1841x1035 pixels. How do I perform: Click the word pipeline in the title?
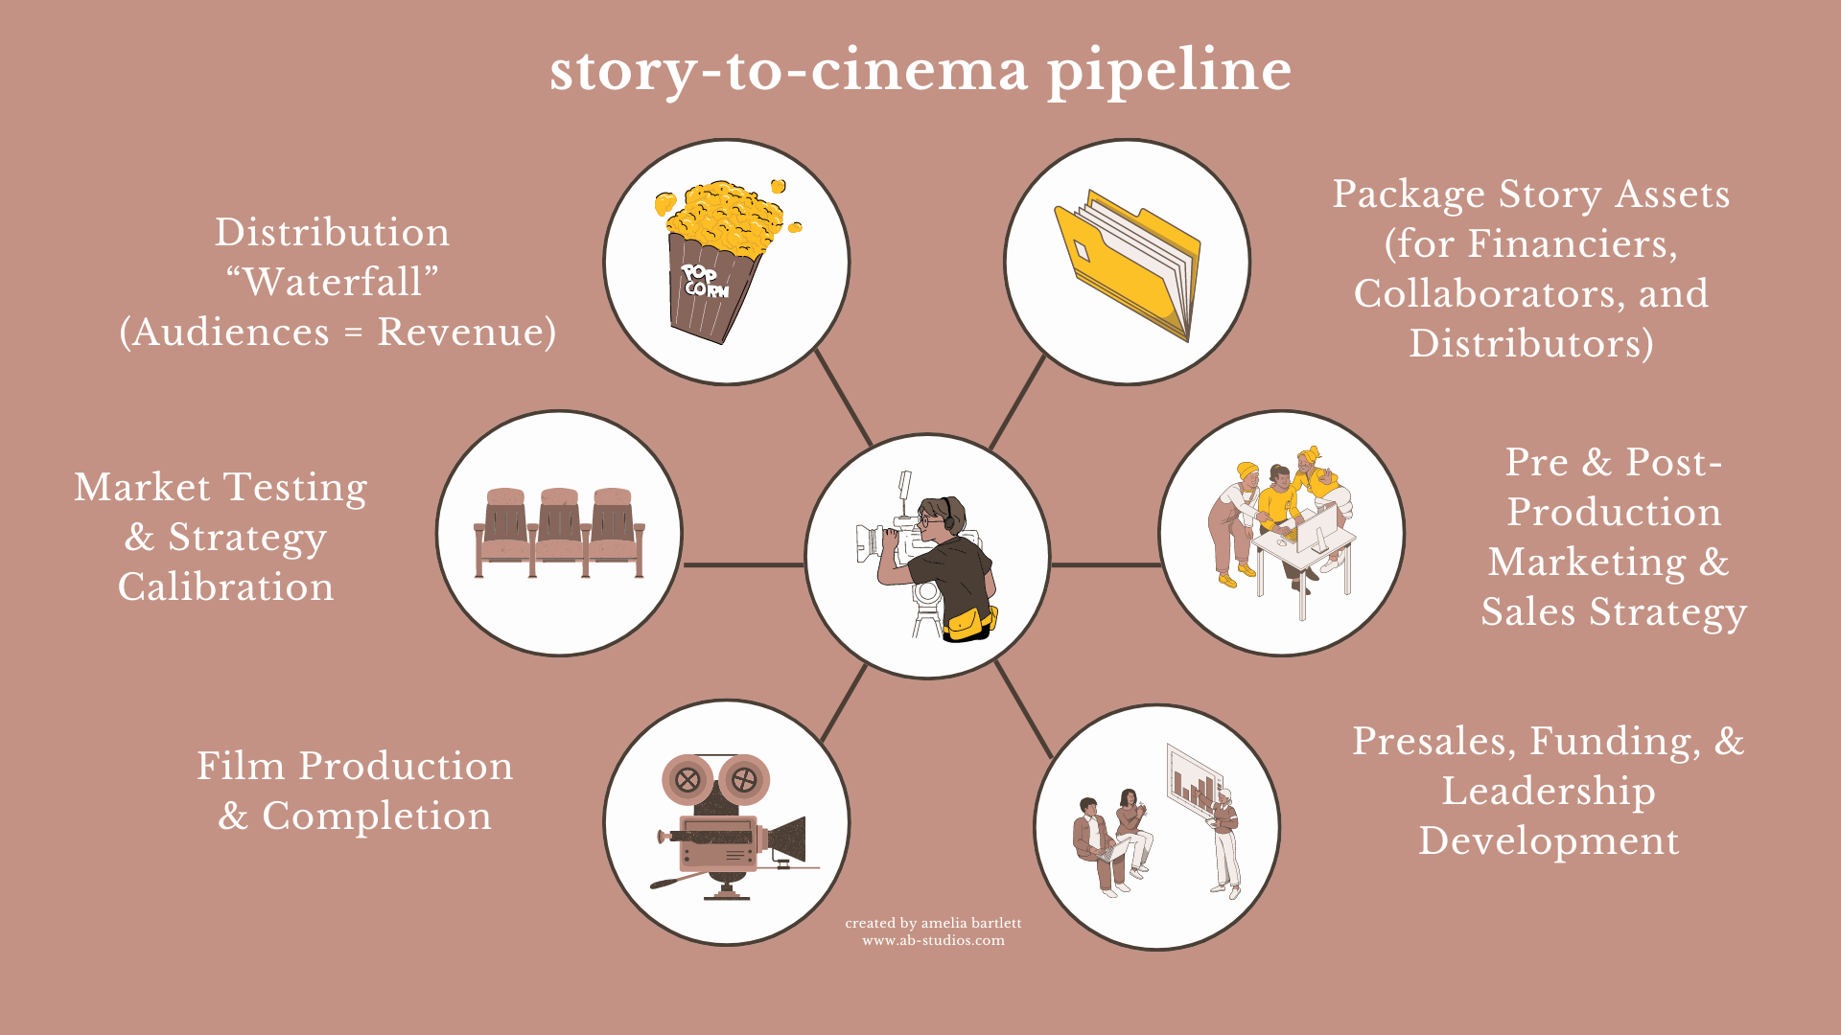[1169, 72]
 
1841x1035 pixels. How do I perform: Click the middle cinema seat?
[559, 532]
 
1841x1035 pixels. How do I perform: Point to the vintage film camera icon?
[729, 824]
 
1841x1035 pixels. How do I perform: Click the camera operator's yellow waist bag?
[968, 625]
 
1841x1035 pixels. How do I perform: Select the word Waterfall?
[332, 283]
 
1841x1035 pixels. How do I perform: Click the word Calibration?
[226, 587]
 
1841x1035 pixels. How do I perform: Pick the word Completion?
[376, 816]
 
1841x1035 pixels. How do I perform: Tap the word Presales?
[1430, 742]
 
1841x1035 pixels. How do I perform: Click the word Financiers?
[1573, 244]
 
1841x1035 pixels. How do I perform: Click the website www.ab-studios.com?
[933, 941]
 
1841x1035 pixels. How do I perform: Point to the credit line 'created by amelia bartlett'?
[933, 924]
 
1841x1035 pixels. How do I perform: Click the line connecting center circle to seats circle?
[743, 564]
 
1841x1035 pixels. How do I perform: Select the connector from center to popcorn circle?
[844, 397]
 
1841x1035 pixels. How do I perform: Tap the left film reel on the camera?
[687, 779]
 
